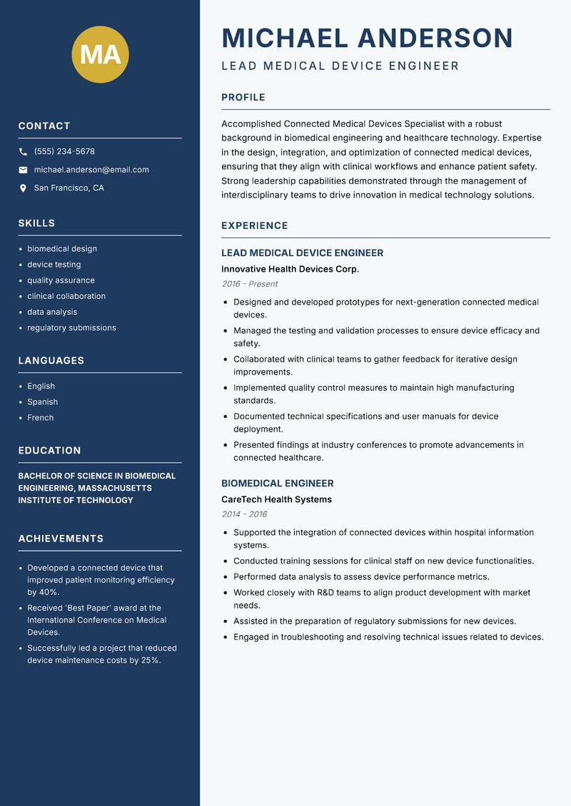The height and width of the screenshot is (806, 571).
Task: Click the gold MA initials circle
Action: click(x=101, y=54)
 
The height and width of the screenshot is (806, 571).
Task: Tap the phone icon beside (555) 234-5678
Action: click(x=23, y=152)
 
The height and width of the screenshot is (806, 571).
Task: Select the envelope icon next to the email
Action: click(x=23, y=170)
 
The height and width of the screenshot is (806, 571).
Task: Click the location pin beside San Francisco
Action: click(x=23, y=188)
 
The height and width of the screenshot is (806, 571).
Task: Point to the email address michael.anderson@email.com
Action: click(x=91, y=170)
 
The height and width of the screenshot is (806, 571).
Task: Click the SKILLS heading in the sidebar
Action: click(x=36, y=223)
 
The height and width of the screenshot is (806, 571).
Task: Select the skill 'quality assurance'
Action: click(x=61, y=280)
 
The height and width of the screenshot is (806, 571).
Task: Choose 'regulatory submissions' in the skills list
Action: click(x=71, y=328)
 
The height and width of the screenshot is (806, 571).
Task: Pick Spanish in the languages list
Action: click(x=42, y=402)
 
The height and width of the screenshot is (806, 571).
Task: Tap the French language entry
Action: click(x=40, y=418)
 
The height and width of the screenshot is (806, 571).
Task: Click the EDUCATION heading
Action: click(x=49, y=451)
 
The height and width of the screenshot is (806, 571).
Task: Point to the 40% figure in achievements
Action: click(x=50, y=593)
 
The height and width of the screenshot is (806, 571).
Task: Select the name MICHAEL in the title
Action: click(x=285, y=39)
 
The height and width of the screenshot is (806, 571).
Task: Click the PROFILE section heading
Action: click(x=243, y=98)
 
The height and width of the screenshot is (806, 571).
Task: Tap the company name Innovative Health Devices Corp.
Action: click(x=290, y=270)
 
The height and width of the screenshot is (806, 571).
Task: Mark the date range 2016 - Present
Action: click(x=249, y=284)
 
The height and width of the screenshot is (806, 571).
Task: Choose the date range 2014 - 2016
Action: click(x=244, y=514)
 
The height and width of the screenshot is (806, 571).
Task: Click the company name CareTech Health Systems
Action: click(x=276, y=500)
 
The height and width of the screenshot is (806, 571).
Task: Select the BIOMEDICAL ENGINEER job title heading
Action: click(x=277, y=484)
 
